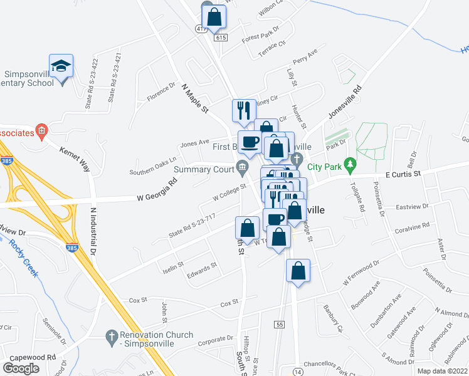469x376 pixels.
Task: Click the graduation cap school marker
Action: point(61,66)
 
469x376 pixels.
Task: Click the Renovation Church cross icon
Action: point(112,336)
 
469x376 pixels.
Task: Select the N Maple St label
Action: point(194,99)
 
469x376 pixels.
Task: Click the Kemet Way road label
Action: point(75,160)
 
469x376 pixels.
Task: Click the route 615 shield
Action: point(219,38)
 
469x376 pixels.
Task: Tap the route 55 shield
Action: point(280,323)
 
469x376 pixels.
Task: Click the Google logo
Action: point(21,368)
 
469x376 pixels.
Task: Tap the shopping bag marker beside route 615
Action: point(214,18)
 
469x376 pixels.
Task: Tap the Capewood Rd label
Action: point(38,358)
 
